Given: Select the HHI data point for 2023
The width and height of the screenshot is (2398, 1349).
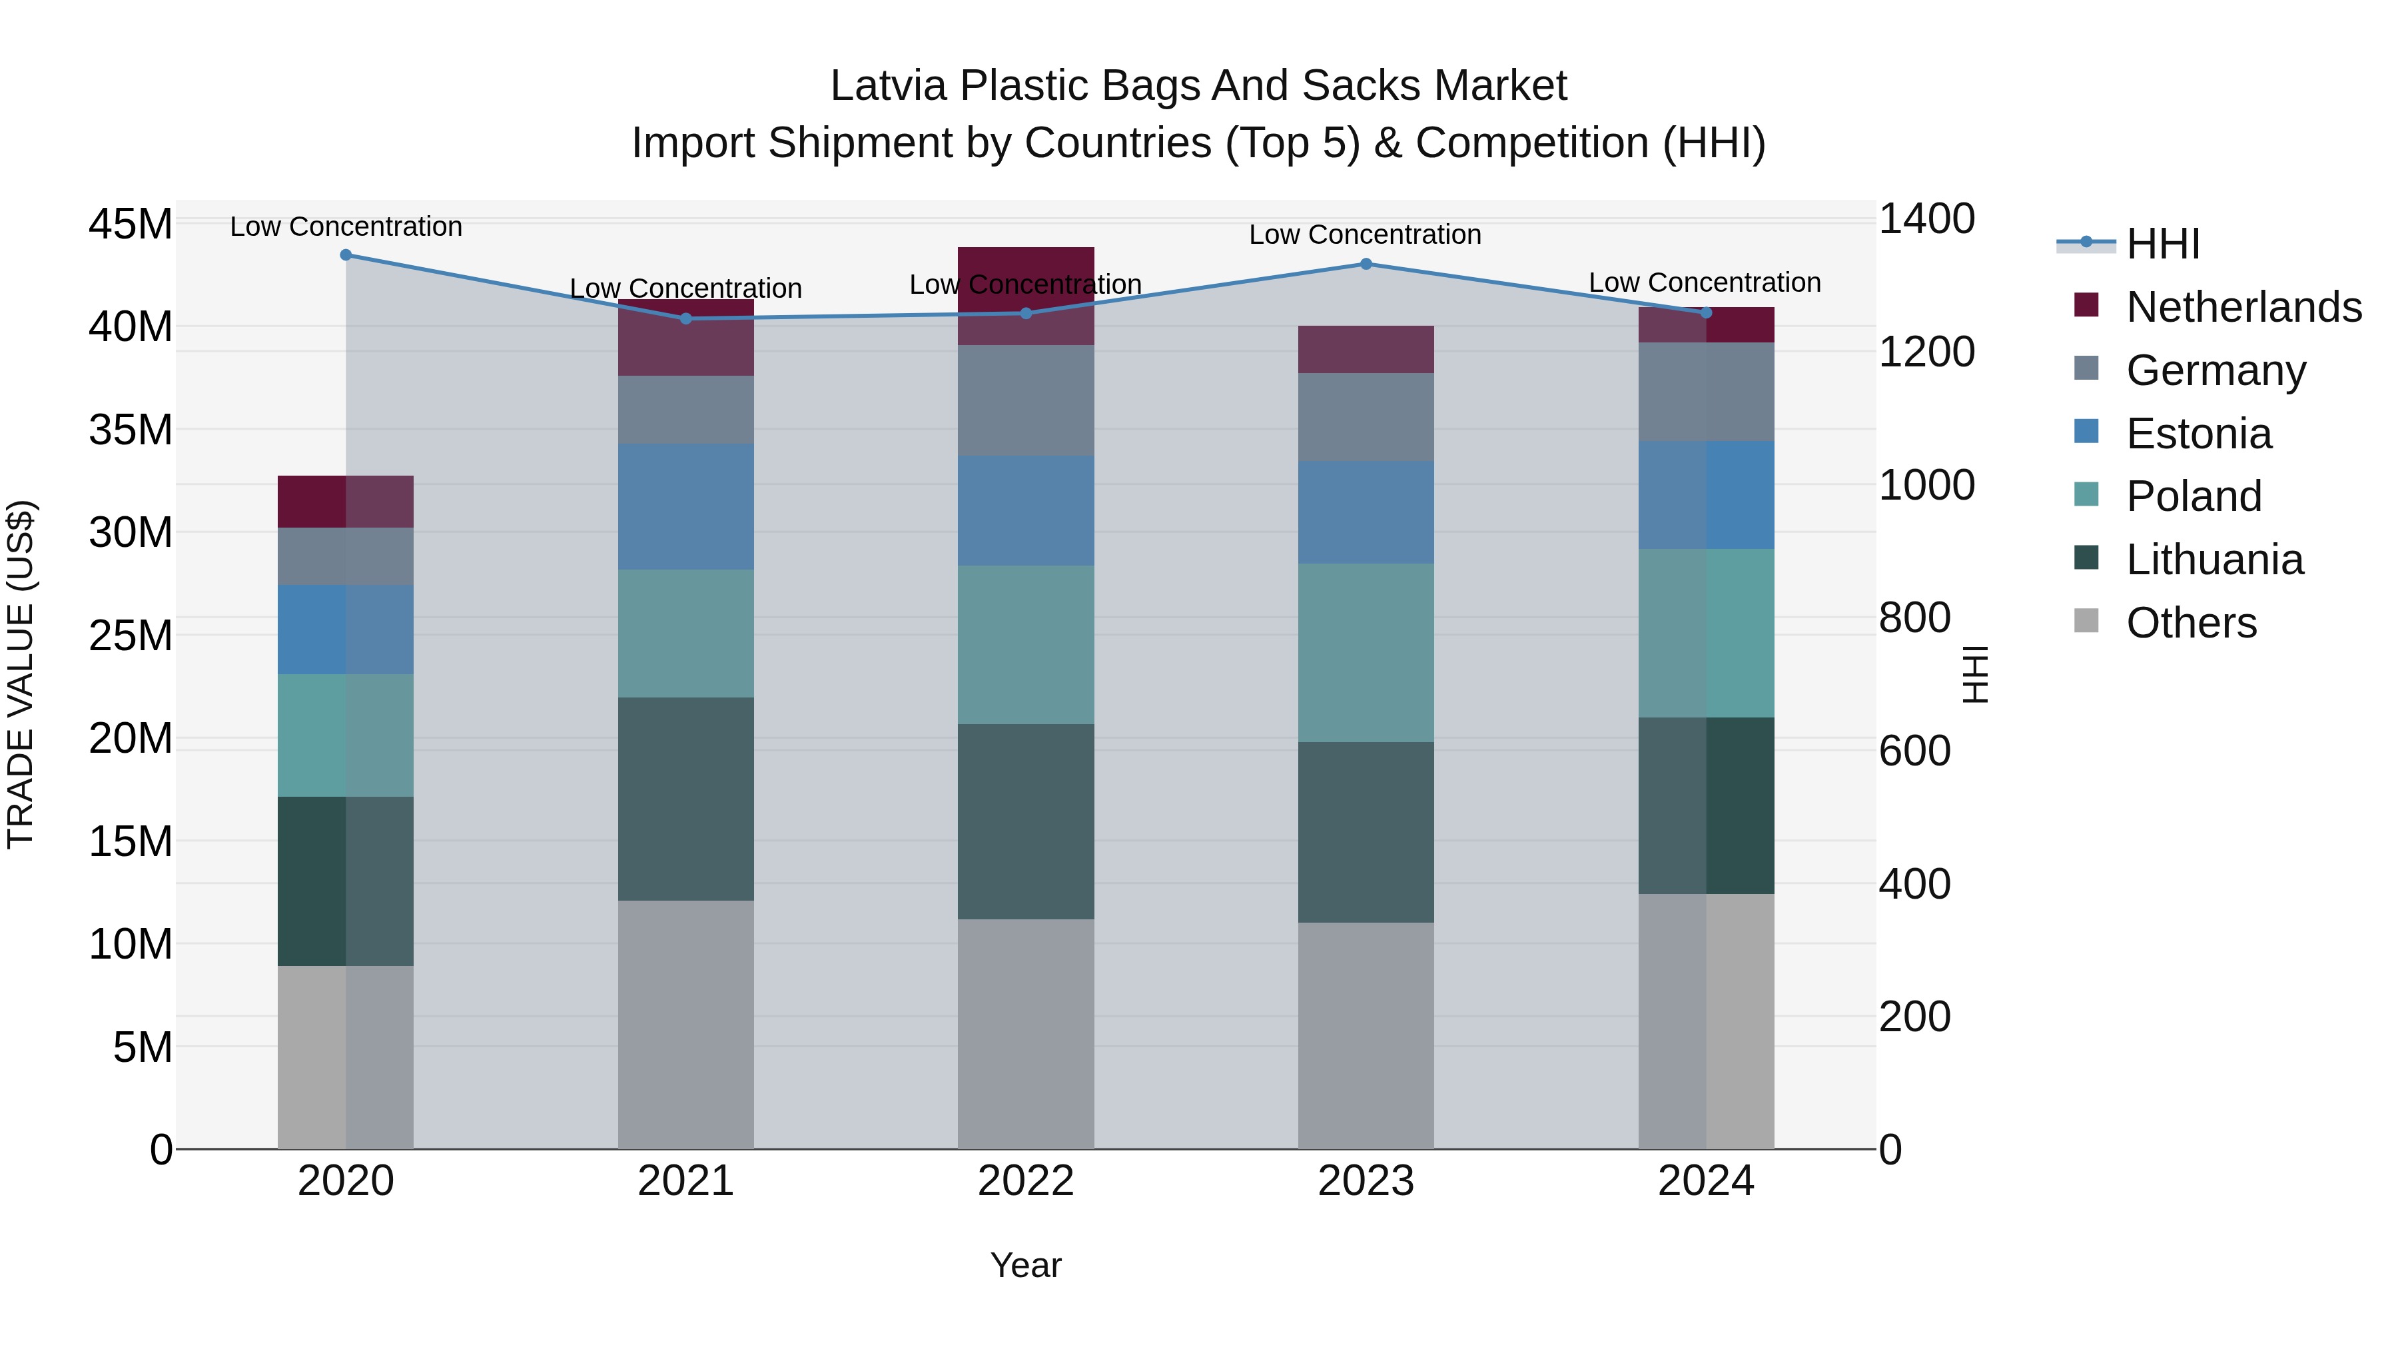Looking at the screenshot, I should click(1366, 264).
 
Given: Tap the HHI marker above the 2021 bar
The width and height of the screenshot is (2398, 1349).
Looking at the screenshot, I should click(686, 318).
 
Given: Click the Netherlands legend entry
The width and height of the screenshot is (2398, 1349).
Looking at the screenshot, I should click(2243, 307).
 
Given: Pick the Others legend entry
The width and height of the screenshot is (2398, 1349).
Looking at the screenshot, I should click(2192, 623).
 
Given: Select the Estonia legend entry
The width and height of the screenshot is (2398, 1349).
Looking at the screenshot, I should click(2199, 434).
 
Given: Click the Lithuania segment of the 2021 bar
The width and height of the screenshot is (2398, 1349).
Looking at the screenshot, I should click(686, 799).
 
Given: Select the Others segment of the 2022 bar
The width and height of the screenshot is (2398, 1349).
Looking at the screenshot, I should click(1026, 1033).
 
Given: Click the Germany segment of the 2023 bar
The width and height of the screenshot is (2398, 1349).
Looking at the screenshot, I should click(1366, 417).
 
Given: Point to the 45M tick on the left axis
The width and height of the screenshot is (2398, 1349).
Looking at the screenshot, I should click(131, 225).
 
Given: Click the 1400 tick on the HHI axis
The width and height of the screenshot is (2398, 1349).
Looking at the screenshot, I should click(1926, 220).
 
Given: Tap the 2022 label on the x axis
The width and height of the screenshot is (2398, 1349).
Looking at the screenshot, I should click(1026, 1181).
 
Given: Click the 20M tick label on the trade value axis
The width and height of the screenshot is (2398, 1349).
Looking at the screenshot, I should click(131, 738).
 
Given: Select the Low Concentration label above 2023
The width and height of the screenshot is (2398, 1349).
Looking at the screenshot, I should click(1365, 234).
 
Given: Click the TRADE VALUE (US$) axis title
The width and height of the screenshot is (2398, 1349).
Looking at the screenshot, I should click(21, 674).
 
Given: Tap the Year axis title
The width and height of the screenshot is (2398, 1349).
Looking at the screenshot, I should click(1026, 1265).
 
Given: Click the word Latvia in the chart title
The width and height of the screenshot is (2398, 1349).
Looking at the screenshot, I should click(888, 86).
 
